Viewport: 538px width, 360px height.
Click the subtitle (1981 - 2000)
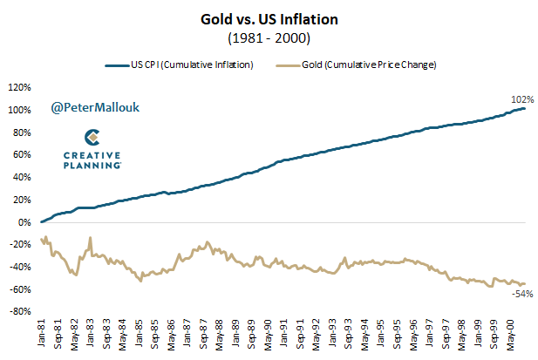coord(269,38)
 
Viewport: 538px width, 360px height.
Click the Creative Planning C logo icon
coord(91,138)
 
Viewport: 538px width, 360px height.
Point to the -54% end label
coord(521,295)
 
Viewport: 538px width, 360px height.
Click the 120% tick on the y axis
coord(20,88)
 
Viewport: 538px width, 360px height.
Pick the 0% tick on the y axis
coord(24,222)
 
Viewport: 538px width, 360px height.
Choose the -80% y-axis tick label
coord(20,311)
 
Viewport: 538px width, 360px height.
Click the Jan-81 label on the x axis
coord(42,332)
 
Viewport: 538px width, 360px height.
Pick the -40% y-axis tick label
coord(20,267)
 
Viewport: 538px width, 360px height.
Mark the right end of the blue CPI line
coord(526,108)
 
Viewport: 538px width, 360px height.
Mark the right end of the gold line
coord(526,283)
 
